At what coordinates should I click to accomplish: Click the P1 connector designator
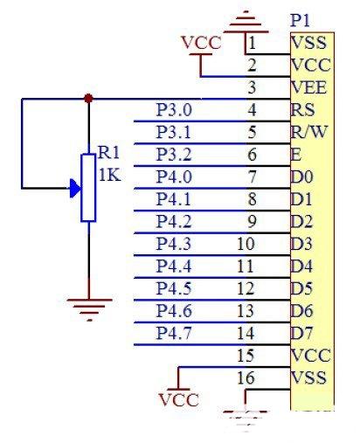[300, 20]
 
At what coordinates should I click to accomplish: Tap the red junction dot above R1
[88, 98]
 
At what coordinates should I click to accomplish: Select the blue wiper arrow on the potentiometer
[75, 189]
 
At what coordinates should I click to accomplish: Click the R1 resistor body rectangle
[88, 188]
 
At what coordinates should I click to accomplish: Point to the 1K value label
[109, 176]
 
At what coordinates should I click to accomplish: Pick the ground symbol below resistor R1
[89, 309]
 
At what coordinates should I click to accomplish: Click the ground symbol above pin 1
[246, 22]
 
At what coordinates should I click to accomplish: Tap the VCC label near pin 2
[201, 43]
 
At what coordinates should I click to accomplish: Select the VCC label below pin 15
[179, 399]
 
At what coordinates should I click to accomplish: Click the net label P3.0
[174, 110]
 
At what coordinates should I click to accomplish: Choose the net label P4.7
[174, 333]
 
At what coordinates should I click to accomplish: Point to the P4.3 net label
[174, 244]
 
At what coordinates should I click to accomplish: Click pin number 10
[246, 244]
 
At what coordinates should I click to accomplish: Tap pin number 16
[246, 377]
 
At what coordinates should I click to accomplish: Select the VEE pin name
[308, 87]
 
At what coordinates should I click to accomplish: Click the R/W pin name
[309, 132]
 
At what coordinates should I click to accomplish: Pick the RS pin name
[302, 110]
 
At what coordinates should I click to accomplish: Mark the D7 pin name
[301, 333]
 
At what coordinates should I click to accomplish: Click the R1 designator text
[109, 153]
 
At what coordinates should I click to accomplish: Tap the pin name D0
[301, 177]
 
